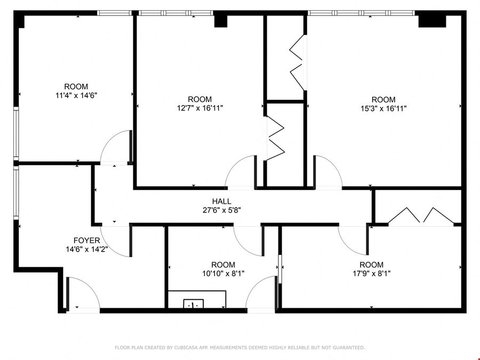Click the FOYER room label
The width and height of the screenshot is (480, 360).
click(x=86, y=241)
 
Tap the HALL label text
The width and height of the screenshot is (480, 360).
click(x=222, y=202)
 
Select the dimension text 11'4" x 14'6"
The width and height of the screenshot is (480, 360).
click(x=76, y=95)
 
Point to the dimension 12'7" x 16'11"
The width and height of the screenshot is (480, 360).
click(x=200, y=108)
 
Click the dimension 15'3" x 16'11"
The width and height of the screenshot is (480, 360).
click(x=383, y=108)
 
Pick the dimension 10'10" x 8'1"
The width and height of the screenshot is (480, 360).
click(x=223, y=274)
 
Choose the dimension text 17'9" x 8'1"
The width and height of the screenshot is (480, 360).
click(x=371, y=274)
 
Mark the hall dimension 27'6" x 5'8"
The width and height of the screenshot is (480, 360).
click(x=222, y=210)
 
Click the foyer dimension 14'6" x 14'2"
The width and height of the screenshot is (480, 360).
click(x=86, y=250)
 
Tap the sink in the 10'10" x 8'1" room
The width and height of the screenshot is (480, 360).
click(x=193, y=303)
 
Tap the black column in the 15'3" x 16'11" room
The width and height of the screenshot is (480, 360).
click(x=432, y=21)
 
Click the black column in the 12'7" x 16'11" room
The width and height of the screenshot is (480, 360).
click(x=220, y=21)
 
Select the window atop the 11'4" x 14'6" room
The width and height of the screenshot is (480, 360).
click(x=115, y=13)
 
